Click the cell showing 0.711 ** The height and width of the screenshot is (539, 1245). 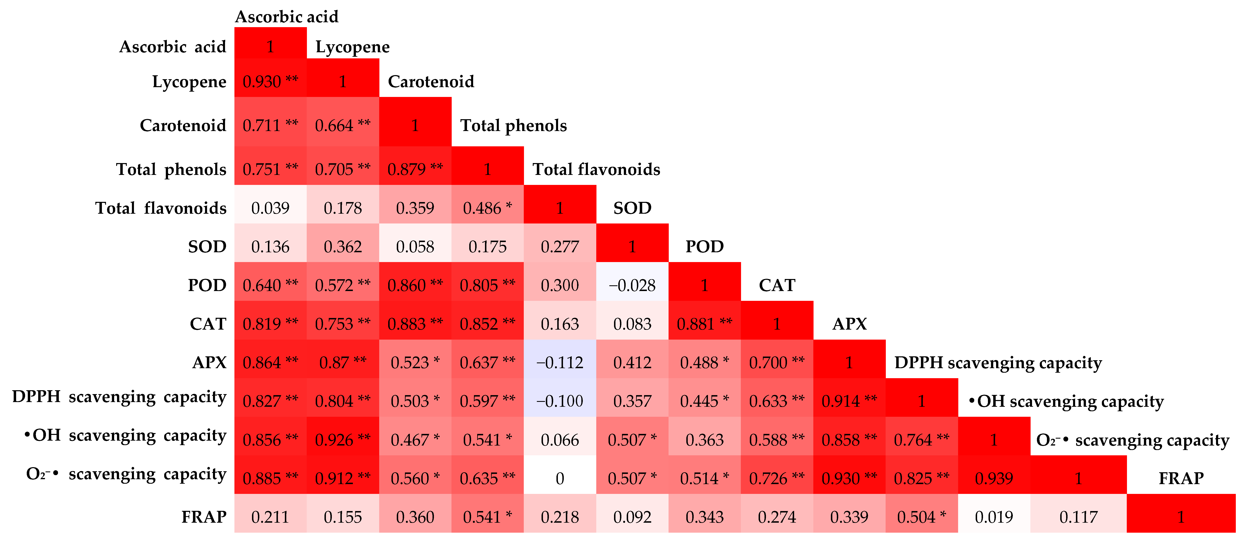coord(270,125)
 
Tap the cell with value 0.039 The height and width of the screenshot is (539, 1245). coord(270,208)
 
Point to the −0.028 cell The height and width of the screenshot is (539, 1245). coord(632,285)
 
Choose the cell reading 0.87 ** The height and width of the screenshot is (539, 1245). coord(343,362)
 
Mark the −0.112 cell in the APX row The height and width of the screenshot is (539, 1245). coord(560,362)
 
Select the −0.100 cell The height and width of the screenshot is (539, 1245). coord(560,401)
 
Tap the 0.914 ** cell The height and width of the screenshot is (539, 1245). coord(849,401)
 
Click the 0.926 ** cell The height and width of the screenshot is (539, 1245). coord(343,440)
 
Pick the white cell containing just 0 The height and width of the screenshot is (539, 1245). coord(560,478)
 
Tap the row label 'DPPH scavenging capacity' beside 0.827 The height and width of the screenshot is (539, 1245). coord(119,397)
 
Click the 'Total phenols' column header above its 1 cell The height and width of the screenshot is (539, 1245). coord(513,126)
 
